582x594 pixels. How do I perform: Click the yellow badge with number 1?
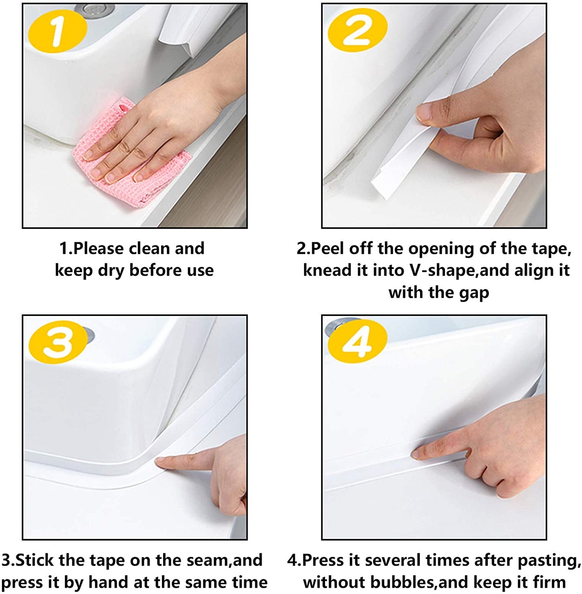(x=58, y=31)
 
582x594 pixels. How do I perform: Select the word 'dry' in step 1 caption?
(x=111, y=270)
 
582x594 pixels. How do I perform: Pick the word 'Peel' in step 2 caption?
(x=328, y=249)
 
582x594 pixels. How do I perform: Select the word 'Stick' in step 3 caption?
(x=34, y=561)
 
